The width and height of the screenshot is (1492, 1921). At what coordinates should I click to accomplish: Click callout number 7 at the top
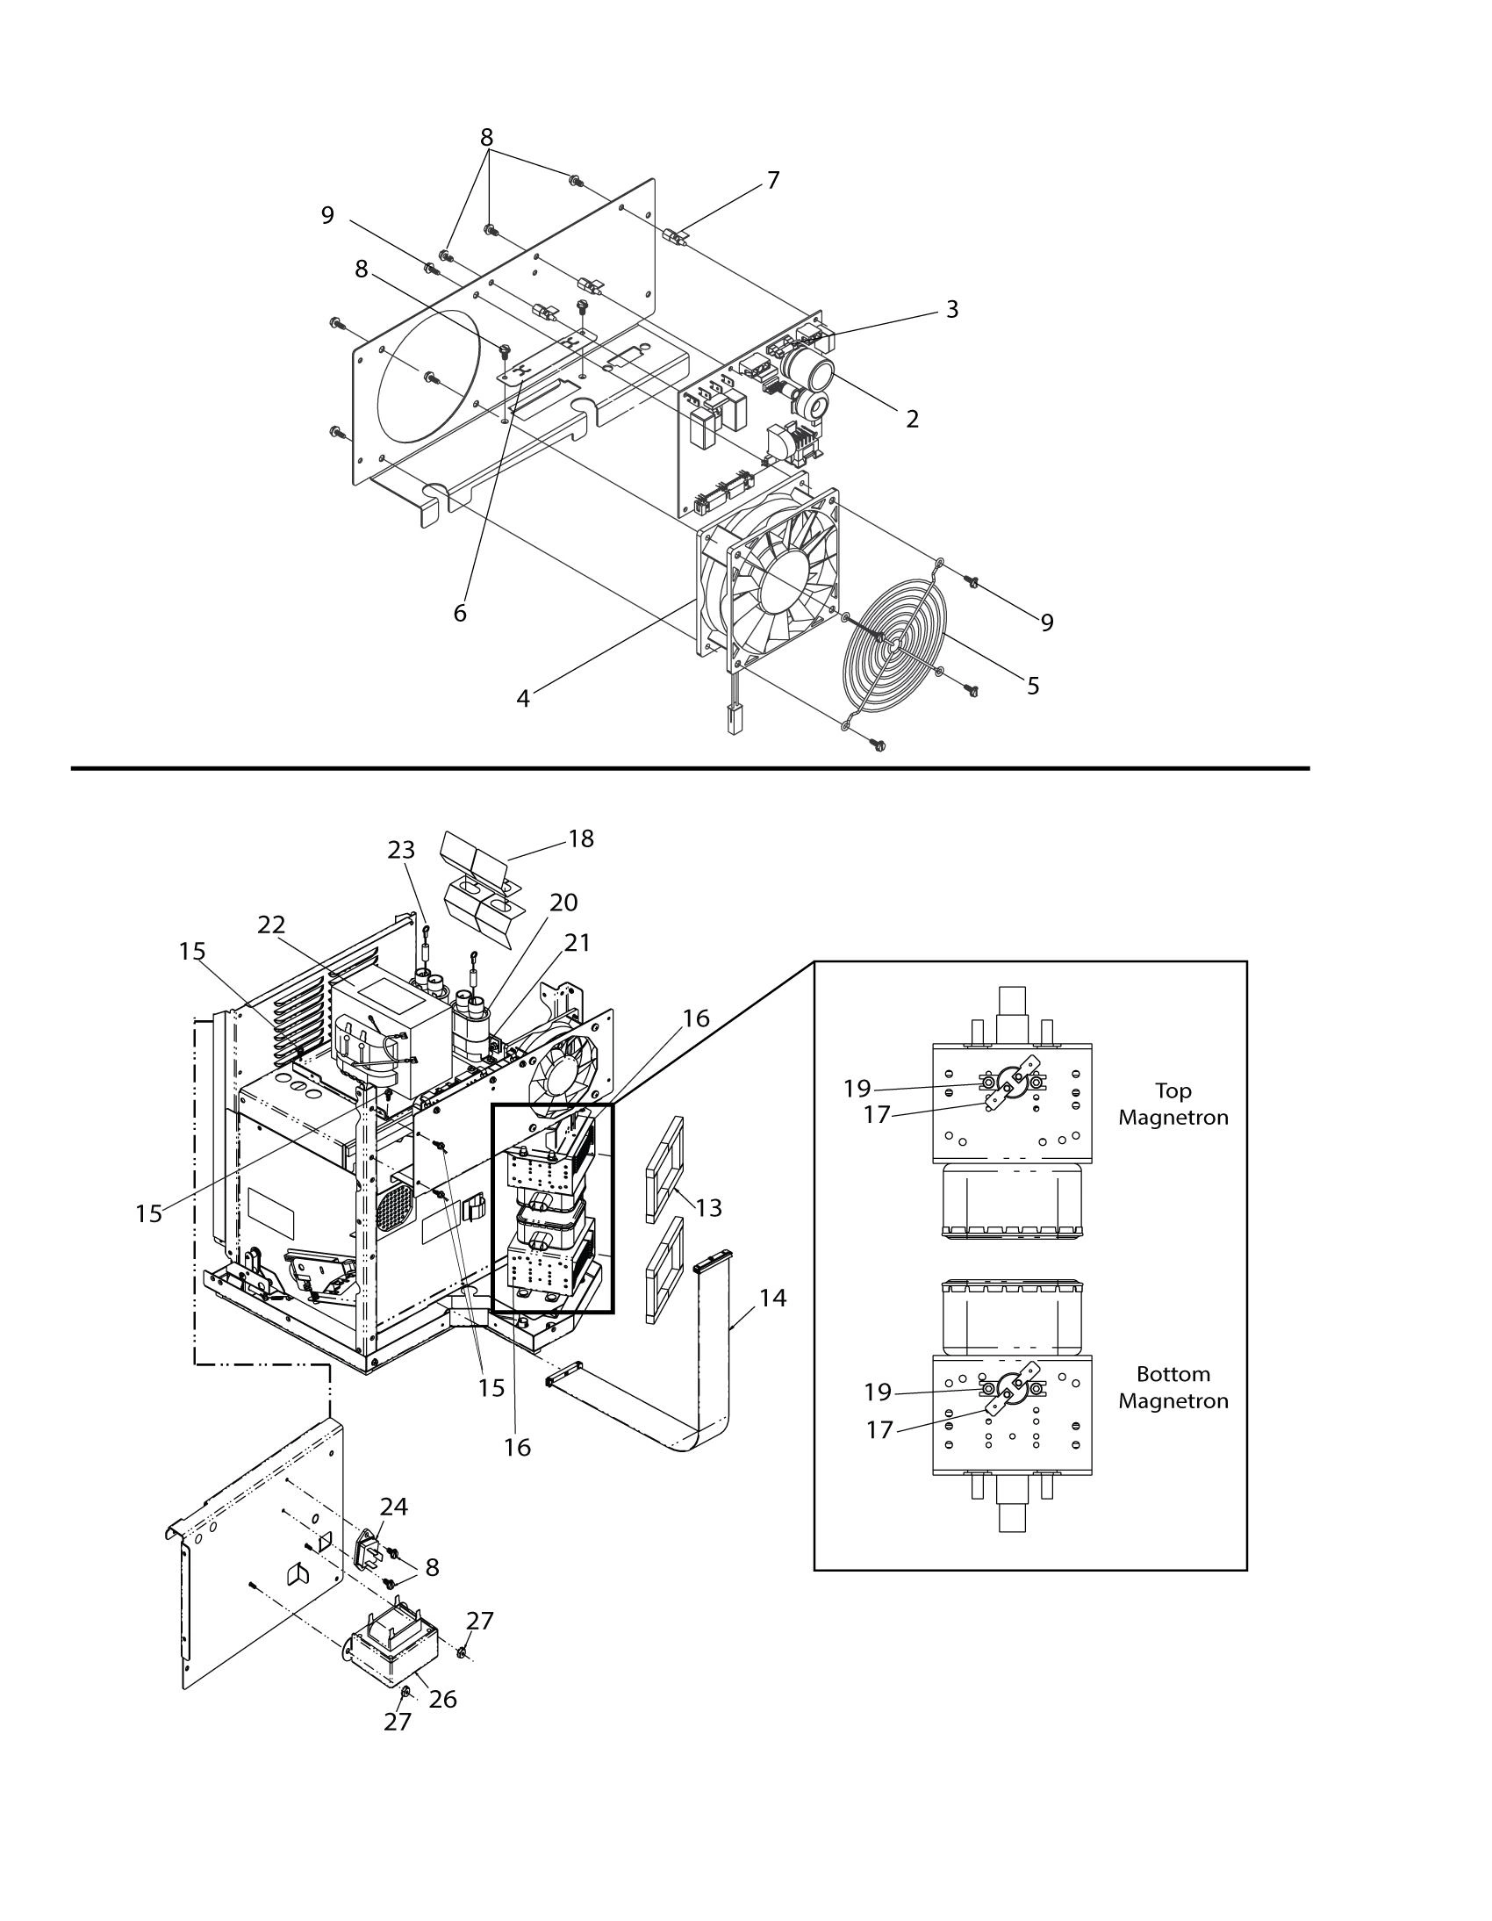pos(773,180)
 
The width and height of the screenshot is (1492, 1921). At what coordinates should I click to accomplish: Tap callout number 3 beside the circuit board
pos(951,310)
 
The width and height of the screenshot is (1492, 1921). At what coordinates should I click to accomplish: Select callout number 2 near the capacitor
pos(913,419)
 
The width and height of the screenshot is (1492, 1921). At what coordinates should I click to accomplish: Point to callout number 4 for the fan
pos(523,698)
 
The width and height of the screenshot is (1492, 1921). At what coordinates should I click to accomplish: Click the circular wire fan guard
pos(892,650)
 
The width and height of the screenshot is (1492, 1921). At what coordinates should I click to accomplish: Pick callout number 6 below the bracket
pos(460,613)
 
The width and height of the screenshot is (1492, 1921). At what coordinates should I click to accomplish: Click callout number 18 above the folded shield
pos(581,838)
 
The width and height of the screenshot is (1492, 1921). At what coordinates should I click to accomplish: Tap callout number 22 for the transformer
pos(272,925)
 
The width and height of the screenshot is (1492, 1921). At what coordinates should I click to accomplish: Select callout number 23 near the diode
pos(401,850)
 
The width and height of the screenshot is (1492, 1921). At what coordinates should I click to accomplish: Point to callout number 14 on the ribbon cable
pos(773,1298)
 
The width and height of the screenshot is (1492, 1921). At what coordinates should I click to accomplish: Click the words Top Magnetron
pos(1173,1104)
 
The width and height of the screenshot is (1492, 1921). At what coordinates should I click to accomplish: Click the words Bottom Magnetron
pos(1173,1387)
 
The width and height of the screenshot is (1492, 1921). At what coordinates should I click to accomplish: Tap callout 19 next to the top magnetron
pos(857,1089)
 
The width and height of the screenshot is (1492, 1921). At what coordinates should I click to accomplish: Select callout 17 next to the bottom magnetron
pos(880,1430)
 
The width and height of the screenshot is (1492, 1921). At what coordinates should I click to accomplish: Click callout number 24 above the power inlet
pos(393,1507)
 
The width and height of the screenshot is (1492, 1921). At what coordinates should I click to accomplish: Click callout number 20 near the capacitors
pos(563,903)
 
